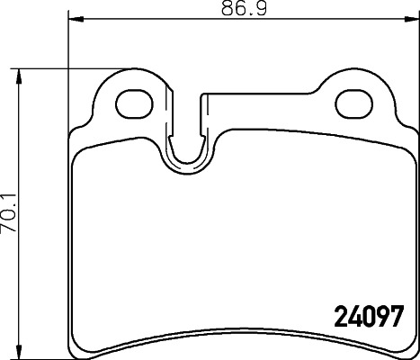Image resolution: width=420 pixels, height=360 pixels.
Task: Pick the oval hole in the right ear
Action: click(353, 101)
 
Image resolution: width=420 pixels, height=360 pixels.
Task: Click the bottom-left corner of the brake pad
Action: click(72, 350)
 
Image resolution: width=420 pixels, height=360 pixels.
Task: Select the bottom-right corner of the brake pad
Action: click(415, 350)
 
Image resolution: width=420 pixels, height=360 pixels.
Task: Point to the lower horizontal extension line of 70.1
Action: click(40, 353)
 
